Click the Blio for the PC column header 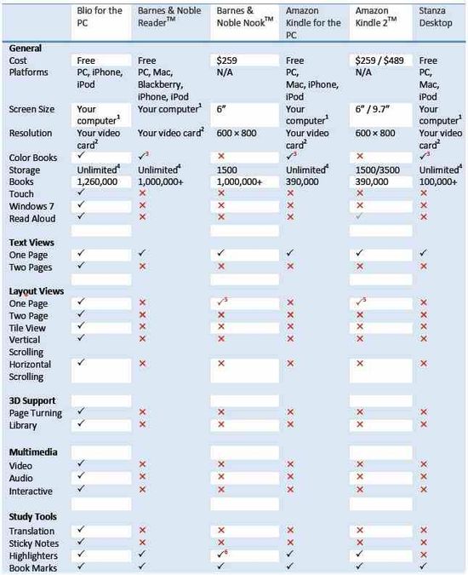tap(100, 16)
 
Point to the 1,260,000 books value tap(99, 181)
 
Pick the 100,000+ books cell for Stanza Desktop tap(439, 181)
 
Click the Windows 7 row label tap(30, 205)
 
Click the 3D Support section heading tap(32, 400)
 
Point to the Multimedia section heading tap(33, 451)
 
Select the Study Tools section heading tap(34, 516)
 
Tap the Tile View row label tap(29, 326)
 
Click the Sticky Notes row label tap(33, 542)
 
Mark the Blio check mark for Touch tap(80, 193)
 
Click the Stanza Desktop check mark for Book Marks tap(424, 566)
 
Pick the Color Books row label tap(33, 158)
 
